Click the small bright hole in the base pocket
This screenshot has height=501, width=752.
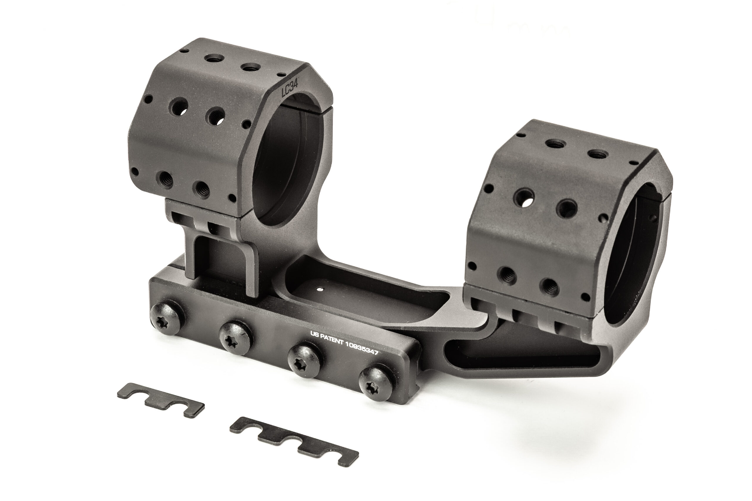coord(319,290)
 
